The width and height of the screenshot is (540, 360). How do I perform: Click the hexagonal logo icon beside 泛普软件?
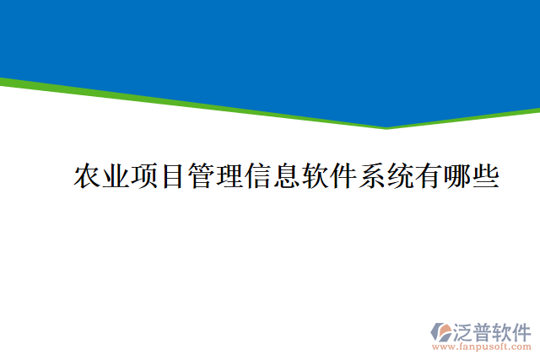[x=440, y=331]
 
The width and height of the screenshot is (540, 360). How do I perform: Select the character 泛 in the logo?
[x=464, y=330]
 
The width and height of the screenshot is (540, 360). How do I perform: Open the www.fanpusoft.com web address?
[x=481, y=346]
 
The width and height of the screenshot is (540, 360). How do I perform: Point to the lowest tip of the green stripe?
[x=386, y=127]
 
